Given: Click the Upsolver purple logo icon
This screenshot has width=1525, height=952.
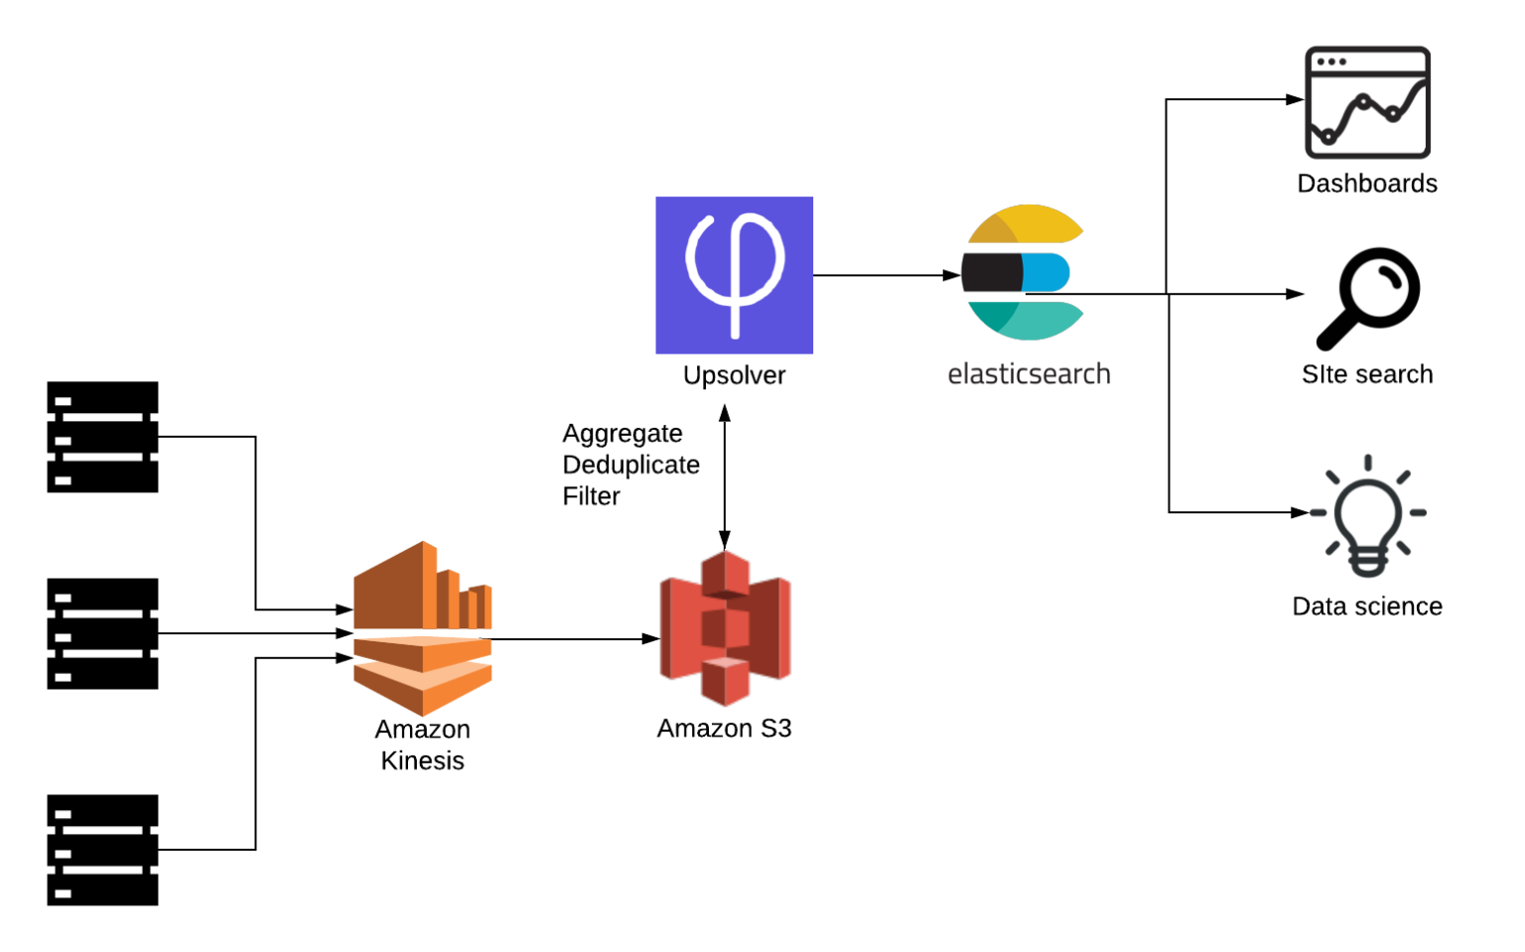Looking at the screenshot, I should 734,275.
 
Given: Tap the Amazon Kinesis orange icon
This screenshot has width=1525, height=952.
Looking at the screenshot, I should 423,628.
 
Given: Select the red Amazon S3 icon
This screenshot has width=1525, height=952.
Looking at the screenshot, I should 725,628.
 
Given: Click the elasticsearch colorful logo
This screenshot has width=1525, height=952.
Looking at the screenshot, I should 1023,273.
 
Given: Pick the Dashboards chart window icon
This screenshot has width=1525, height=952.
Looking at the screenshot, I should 1367,102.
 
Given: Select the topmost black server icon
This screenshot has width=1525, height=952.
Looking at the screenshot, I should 102,437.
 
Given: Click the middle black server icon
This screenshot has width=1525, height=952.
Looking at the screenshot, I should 102,633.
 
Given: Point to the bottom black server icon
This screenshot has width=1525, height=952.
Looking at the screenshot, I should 102,850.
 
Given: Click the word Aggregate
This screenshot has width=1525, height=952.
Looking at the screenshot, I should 623,434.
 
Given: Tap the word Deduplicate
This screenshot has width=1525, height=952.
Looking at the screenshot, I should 630,465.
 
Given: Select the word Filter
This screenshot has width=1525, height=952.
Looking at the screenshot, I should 591,496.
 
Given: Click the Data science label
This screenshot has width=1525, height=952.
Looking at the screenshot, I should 1367,607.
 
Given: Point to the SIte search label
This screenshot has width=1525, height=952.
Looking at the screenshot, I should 1367,374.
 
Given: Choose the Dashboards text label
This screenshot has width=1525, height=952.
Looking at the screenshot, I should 1367,184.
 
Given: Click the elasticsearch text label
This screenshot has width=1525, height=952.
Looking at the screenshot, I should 1029,374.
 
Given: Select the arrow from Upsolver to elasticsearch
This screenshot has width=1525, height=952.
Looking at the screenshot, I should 884,275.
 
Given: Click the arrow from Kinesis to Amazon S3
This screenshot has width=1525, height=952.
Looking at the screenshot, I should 576,639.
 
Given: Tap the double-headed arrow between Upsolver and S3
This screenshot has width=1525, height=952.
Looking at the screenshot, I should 725,476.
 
